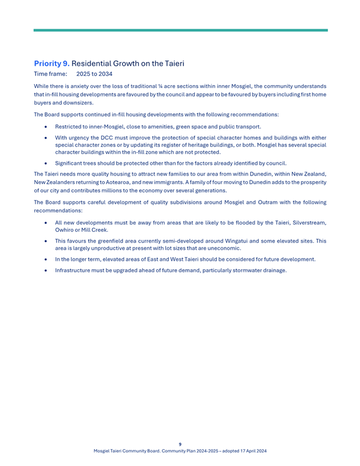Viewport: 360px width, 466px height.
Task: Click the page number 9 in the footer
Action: [180, 444]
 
